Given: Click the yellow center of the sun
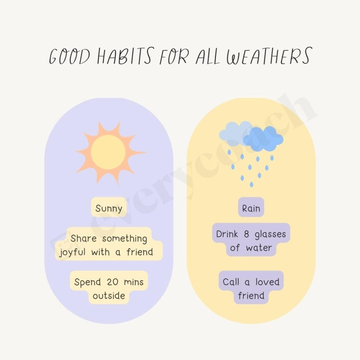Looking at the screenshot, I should coord(108,152).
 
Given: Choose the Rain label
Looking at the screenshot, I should coord(251,209).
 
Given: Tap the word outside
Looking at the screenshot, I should coord(109,296).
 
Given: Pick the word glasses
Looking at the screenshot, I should coord(270,234).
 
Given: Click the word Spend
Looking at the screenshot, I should coord(88,282).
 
